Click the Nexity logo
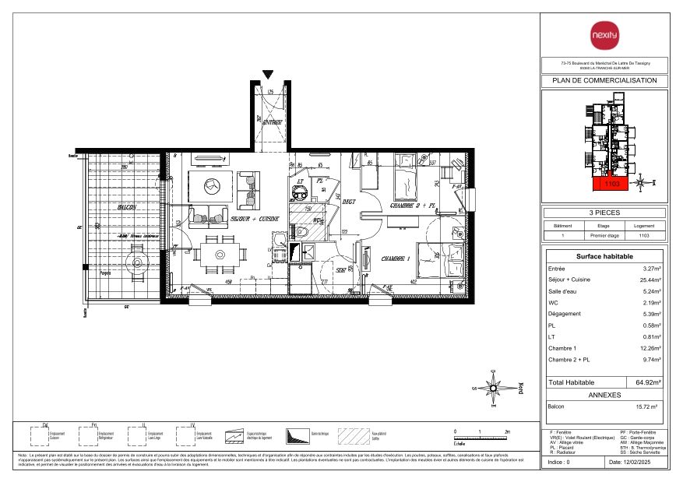tap(604, 36)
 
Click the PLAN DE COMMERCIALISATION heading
tap(604, 80)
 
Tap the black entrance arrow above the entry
tap(268, 74)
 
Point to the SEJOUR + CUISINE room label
tap(255, 220)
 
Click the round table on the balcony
tap(137, 262)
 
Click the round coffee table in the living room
tap(212, 186)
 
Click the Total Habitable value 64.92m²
tap(648, 383)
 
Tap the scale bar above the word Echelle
tap(481, 438)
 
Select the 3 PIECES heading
tap(604, 212)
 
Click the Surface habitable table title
tap(604, 256)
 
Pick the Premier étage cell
tap(604, 234)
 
